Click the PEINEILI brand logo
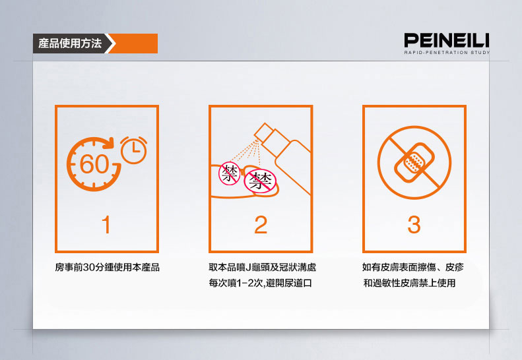(x=447, y=40)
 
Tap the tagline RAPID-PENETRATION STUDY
(x=447, y=53)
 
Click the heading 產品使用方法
(x=70, y=44)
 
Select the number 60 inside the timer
(x=94, y=164)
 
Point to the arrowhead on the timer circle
(x=108, y=143)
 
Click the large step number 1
(x=106, y=225)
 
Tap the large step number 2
(x=261, y=225)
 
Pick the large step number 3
(x=414, y=225)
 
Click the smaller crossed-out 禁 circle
(x=229, y=173)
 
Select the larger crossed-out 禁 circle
(x=260, y=181)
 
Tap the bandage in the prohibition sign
(x=414, y=162)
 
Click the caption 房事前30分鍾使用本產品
(x=107, y=267)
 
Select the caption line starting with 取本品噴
(x=263, y=267)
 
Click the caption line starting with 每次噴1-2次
(x=260, y=283)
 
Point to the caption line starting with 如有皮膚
(x=413, y=267)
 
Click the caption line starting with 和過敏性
(x=409, y=283)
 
